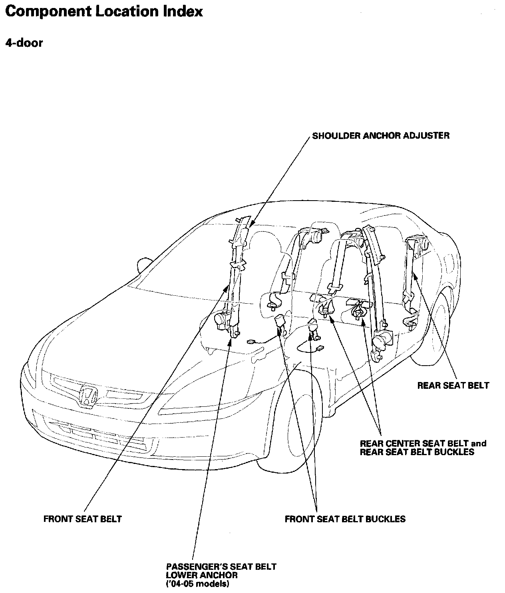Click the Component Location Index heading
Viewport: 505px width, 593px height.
point(104,12)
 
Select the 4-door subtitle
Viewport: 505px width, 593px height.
point(24,43)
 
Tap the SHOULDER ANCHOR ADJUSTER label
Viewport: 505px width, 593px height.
point(380,135)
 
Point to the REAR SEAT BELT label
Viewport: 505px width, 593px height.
point(453,386)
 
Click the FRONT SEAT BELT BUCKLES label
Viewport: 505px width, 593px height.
point(345,519)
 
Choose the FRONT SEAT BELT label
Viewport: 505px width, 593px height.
point(82,519)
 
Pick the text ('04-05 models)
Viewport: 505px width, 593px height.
point(197,584)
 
